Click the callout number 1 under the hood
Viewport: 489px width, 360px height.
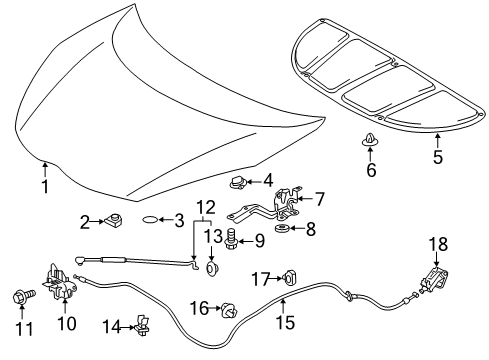point(44,186)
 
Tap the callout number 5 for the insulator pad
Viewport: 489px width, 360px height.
point(436,157)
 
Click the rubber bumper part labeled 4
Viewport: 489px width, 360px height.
point(237,181)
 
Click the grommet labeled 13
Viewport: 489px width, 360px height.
point(213,268)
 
